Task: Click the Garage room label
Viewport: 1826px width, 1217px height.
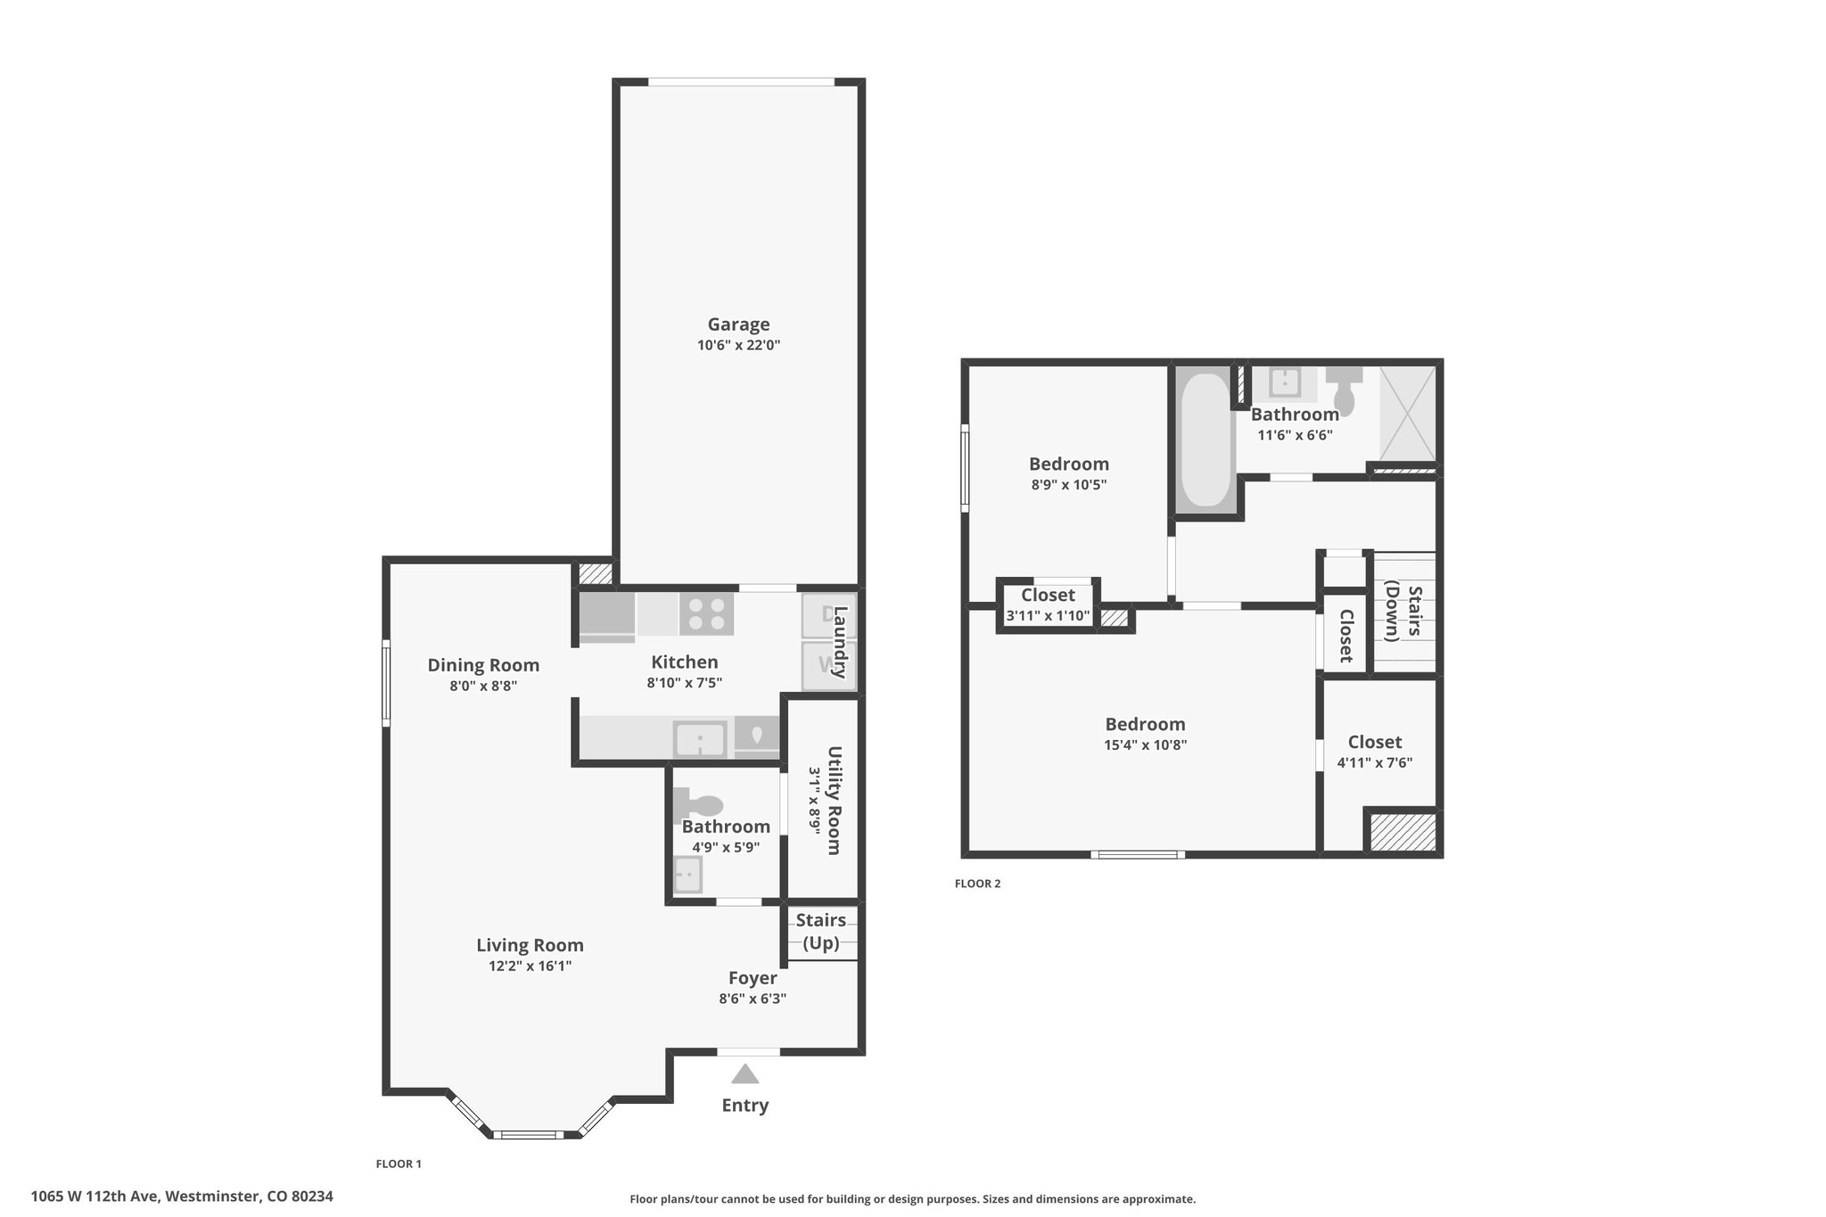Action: click(739, 325)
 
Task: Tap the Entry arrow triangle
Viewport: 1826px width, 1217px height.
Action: click(745, 1074)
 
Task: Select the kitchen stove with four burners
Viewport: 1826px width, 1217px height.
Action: click(706, 614)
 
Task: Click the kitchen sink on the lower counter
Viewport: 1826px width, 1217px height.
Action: click(700, 740)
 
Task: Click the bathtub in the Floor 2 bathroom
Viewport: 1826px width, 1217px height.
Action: click(1206, 440)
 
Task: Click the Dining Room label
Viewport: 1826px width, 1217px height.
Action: click(483, 665)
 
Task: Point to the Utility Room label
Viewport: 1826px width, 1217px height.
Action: click(834, 800)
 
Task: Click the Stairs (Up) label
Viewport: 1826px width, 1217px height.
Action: click(821, 931)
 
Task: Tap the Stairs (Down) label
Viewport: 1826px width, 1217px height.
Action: click(1402, 612)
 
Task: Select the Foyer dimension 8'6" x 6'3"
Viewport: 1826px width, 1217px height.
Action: click(753, 999)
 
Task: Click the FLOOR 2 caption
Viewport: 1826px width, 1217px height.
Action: click(978, 884)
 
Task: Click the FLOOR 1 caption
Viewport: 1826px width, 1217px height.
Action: click(399, 1164)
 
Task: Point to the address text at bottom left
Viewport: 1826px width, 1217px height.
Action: click(182, 1196)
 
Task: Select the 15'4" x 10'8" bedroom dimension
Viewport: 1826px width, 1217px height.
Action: click(1146, 745)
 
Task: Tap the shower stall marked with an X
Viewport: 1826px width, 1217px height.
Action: click(1408, 414)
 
